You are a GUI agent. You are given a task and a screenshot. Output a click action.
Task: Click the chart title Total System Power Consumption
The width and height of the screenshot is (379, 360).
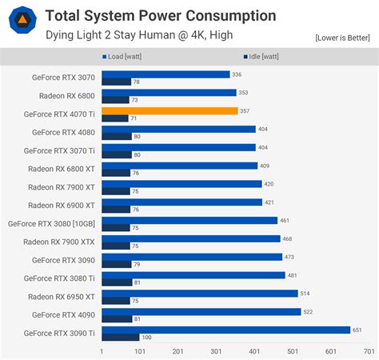pyautogui.click(x=160, y=15)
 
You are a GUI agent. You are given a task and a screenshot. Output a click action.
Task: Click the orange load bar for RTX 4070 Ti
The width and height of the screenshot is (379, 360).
pyautogui.click(x=170, y=110)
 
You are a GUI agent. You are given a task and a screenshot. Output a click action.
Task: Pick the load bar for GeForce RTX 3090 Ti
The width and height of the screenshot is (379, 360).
pyautogui.click(x=225, y=330)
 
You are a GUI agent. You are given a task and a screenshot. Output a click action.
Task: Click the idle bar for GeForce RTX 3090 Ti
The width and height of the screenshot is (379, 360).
pyautogui.click(x=120, y=338)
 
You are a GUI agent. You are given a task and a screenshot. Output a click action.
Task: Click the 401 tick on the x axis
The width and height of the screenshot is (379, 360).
pyautogui.click(x=254, y=351)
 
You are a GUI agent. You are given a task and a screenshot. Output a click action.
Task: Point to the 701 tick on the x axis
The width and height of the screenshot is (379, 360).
pyautogui.click(x=369, y=351)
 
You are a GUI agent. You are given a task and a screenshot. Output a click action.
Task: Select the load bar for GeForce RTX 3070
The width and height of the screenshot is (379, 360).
pyautogui.click(x=166, y=74)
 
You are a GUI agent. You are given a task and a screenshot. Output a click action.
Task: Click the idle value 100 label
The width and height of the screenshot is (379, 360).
pyautogui.click(x=146, y=338)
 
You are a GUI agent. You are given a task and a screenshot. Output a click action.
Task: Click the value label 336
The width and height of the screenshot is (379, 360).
pyautogui.click(x=237, y=74)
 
